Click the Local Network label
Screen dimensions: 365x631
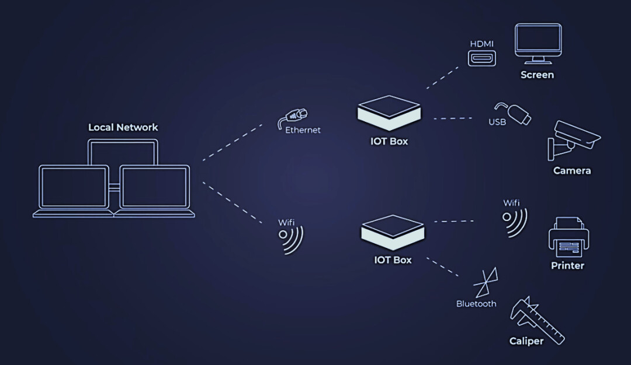[x=123, y=127]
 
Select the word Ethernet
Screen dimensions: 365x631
[x=303, y=130]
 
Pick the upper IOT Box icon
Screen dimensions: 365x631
[x=389, y=111]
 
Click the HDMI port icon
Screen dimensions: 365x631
[x=481, y=58]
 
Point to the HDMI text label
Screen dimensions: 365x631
[x=481, y=44]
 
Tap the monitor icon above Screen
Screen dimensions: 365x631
[x=538, y=44]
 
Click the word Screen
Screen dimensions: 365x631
[x=537, y=75]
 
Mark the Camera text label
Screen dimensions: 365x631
[x=572, y=171]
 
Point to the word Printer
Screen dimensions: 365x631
[x=567, y=265]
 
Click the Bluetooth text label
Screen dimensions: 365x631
[x=476, y=304]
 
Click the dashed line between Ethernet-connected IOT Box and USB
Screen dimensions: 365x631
[x=453, y=118]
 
